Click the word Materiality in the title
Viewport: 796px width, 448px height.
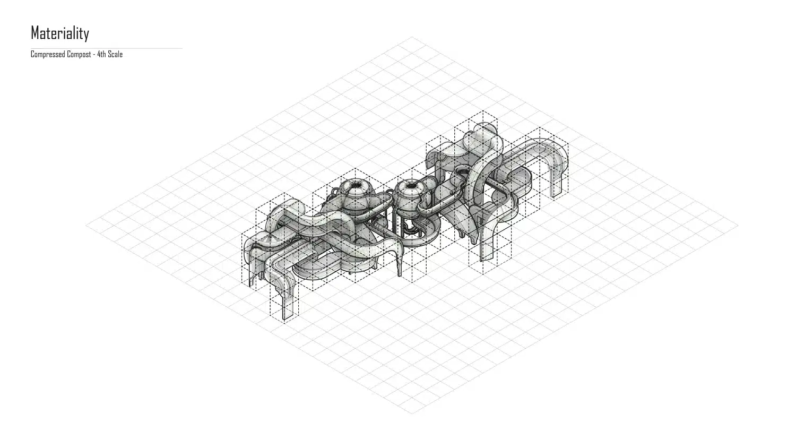(59, 33)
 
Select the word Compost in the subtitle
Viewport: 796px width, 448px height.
(79, 54)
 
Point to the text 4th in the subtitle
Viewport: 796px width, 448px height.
(102, 54)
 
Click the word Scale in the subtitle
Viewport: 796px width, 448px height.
(116, 54)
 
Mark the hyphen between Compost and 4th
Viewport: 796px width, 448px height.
(94, 55)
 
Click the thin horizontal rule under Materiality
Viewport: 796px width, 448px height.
(107, 48)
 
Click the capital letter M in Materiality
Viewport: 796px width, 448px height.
(35, 33)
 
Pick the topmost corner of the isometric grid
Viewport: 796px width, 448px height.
(412, 37)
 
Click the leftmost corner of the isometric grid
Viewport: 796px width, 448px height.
(86, 225)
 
